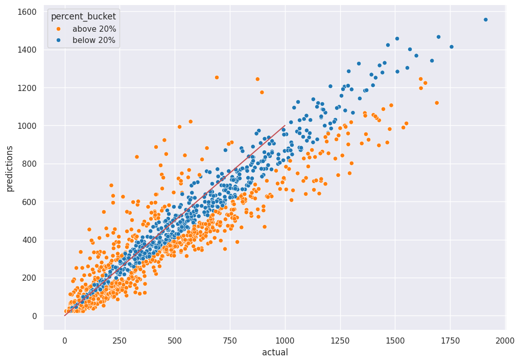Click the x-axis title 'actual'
point(275,352)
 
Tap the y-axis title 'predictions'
point(10,168)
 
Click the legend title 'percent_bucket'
point(83,16)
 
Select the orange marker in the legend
point(58,29)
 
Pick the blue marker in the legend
point(58,40)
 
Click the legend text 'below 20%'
point(94,40)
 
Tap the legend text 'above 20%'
point(94,29)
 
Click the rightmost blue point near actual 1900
point(485,20)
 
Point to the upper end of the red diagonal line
point(285,126)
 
